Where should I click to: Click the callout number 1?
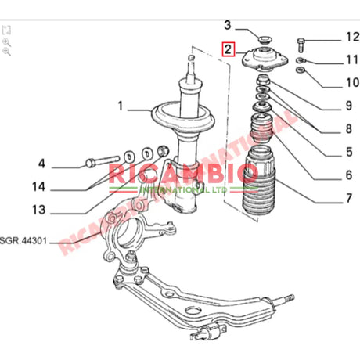click(121, 105)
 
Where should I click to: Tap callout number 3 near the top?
click(228, 26)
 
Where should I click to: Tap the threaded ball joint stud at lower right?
click(286, 298)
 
